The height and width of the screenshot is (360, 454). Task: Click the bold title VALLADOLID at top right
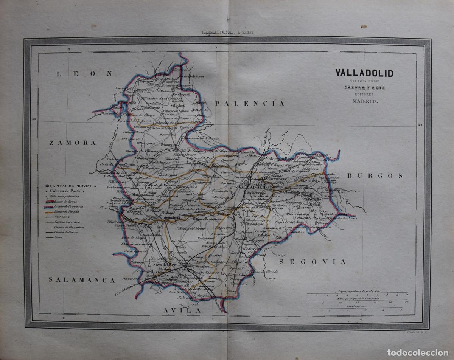click(x=358, y=73)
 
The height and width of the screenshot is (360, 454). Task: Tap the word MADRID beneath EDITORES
click(x=358, y=101)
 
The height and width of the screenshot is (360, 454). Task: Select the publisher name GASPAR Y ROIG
click(x=358, y=88)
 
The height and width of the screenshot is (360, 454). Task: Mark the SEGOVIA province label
click(x=313, y=261)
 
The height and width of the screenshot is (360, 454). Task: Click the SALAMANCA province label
click(x=82, y=280)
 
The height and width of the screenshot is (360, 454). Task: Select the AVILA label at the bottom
click(x=182, y=310)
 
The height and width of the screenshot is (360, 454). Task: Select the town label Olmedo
click(x=239, y=261)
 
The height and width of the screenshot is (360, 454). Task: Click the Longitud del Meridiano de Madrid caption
click(x=227, y=33)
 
